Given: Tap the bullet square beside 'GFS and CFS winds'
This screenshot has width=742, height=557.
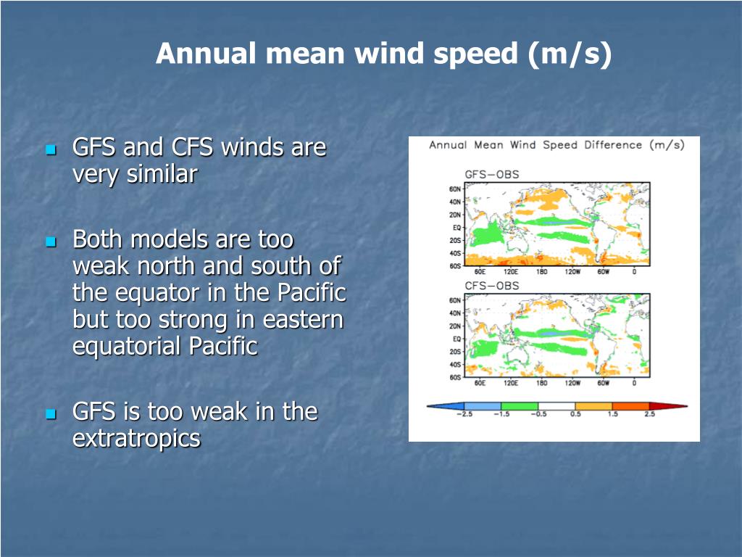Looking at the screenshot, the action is [x=51, y=150].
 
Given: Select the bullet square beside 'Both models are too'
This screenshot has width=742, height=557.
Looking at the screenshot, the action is [x=51, y=242].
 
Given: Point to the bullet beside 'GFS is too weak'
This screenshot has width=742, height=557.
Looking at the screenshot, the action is [x=51, y=414].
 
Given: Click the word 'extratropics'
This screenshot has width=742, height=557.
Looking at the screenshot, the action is [x=136, y=439].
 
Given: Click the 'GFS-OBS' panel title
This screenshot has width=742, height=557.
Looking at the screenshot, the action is [x=492, y=174].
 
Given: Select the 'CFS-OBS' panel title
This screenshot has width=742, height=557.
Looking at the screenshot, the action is [x=492, y=286].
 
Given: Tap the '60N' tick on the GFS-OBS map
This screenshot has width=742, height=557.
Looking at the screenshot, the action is [x=455, y=189].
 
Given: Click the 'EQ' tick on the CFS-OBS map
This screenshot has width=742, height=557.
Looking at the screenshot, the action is [x=457, y=339].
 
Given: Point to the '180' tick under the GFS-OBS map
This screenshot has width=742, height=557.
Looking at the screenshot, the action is [x=541, y=271].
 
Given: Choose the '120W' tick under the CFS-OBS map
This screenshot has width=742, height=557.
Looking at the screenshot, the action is [x=572, y=383].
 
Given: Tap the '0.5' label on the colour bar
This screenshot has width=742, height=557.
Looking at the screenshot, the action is [x=575, y=414].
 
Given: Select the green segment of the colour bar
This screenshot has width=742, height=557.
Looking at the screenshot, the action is [x=520, y=406].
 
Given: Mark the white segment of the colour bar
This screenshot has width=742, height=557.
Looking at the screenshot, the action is [x=556, y=406].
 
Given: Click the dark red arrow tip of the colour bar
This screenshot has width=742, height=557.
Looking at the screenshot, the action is [x=687, y=406].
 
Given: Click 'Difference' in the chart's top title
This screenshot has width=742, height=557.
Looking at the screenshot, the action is [x=613, y=145].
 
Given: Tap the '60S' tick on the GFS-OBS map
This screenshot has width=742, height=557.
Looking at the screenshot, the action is [x=455, y=266].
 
